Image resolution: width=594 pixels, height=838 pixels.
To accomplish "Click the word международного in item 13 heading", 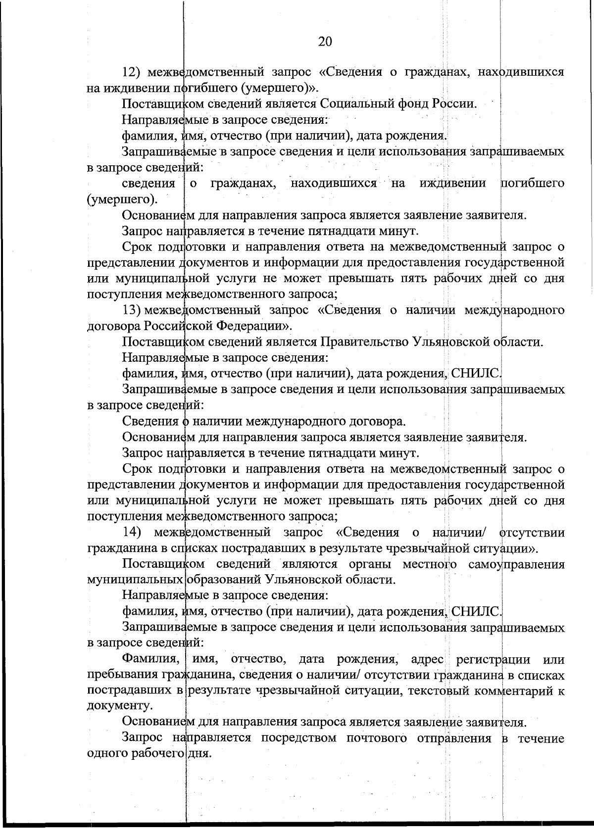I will (x=514, y=310).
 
